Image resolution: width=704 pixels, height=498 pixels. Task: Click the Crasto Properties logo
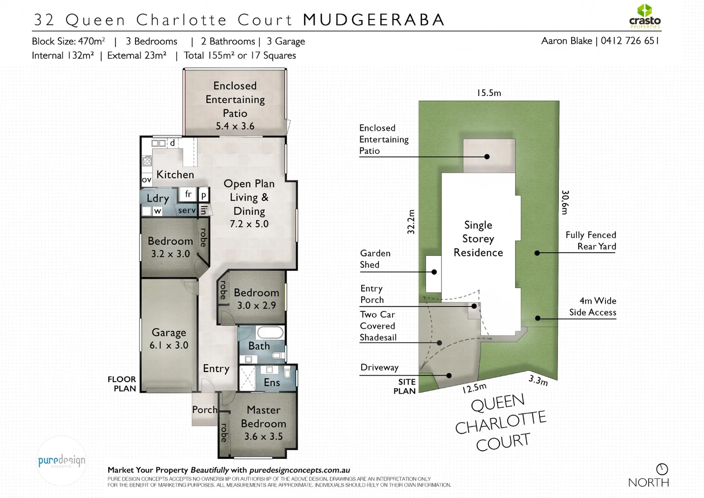coord(645,17)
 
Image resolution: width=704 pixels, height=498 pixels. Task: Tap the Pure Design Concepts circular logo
coord(61,461)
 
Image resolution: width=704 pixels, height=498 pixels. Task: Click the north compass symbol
coord(662,469)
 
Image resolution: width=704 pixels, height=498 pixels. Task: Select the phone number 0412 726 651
coord(630,41)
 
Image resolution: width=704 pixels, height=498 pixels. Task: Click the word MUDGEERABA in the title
coord(374,20)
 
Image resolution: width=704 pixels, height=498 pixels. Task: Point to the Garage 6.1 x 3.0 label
coord(169,339)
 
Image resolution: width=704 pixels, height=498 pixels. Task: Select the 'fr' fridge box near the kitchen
coord(188,194)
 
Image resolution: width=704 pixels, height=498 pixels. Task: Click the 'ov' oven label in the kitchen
coord(147,180)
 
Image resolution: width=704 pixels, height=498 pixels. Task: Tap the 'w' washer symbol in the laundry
coord(158,211)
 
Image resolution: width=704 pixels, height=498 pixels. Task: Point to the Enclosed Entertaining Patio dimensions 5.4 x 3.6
coord(235,126)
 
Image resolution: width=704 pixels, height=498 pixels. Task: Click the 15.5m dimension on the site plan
coord(489,93)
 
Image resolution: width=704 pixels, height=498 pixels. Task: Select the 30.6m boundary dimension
coord(565,202)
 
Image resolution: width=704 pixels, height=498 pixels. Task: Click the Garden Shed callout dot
coord(434,272)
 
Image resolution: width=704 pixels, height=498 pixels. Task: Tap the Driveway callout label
coord(379,368)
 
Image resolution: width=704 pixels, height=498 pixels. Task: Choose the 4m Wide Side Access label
coord(593,307)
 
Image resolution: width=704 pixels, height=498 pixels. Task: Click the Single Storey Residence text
coord(478,239)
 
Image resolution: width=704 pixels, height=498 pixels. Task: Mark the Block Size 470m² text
coord(68,41)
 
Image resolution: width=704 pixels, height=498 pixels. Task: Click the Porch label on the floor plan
coord(205,409)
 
